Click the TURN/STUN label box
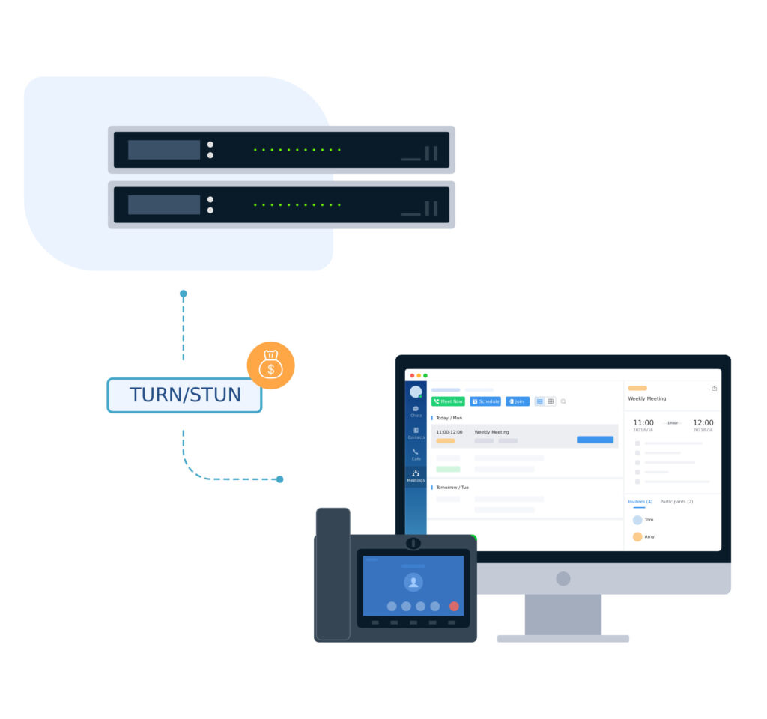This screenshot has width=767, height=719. pos(184,395)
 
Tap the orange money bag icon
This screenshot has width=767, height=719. pos(270,365)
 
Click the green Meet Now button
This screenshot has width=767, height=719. pos(448,401)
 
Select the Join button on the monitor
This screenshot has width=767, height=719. pos(517,401)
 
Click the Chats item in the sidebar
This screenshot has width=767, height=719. pos(416,411)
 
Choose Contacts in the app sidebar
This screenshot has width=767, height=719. pos(416,433)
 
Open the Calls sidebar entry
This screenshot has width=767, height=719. pos(416,454)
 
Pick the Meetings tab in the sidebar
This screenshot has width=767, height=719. pos(416,476)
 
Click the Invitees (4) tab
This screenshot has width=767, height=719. pos(640,501)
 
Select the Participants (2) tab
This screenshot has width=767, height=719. pos(676,501)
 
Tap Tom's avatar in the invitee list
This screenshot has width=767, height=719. pos(637,520)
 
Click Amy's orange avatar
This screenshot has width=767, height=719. pos(637,536)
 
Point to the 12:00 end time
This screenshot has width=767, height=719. pos(703,423)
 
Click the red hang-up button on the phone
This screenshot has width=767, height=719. pos(454,606)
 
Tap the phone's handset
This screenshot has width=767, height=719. pos(333,574)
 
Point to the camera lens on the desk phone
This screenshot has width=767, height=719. pos(413,543)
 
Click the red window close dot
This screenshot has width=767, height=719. pos(412,375)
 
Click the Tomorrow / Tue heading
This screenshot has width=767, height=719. pos(453,488)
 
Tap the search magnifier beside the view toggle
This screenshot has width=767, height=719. pos(563,401)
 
